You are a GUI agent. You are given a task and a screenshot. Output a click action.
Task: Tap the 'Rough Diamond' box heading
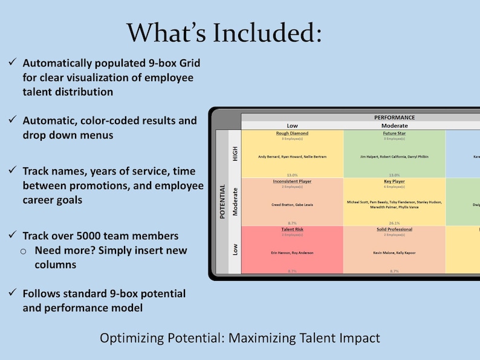click(292, 133)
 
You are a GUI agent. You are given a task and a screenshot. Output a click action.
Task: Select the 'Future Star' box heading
click(394, 133)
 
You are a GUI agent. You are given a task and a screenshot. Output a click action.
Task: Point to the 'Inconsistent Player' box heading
click(292, 181)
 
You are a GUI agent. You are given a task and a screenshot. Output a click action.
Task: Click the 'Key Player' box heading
click(394, 181)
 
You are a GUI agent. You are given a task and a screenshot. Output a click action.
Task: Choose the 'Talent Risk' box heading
click(292, 230)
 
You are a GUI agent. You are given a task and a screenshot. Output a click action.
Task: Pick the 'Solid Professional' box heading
click(394, 230)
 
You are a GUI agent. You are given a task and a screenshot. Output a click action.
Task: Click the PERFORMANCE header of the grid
click(394, 117)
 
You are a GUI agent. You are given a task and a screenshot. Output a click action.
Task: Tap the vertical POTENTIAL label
click(222, 201)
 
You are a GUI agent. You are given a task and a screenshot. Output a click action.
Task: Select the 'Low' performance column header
click(292, 126)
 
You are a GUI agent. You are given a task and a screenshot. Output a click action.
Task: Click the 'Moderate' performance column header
click(394, 126)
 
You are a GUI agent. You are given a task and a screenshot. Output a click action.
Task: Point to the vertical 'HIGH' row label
click(235, 153)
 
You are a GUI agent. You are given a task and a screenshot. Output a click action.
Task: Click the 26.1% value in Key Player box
click(394, 223)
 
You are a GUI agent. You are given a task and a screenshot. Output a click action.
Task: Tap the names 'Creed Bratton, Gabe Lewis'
click(292, 205)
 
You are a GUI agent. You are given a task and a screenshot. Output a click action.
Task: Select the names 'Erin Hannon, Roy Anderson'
click(292, 252)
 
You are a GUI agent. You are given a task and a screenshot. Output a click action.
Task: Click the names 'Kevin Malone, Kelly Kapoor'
click(394, 252)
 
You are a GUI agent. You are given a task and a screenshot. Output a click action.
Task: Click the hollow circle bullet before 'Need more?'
click(24, 251)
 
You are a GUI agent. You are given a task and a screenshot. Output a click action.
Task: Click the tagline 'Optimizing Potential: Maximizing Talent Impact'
click(240, 338)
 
